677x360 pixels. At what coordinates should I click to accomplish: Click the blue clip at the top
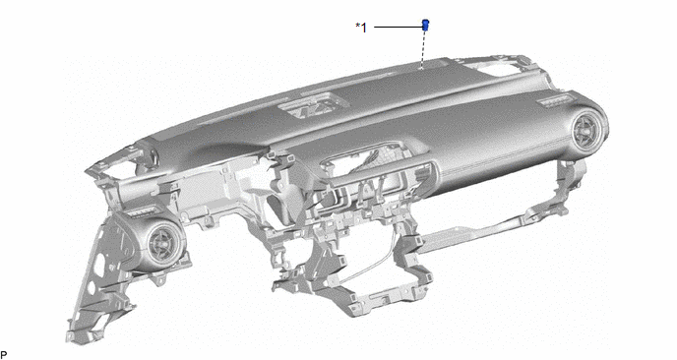(x=425, y=25)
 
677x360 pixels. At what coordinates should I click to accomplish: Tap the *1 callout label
(x=361, y=28)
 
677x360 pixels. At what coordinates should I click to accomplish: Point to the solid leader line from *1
(x=399, y=28)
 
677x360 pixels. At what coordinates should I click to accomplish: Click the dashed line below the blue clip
(x=423, y=49)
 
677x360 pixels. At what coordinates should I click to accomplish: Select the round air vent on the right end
(x=588, y=130)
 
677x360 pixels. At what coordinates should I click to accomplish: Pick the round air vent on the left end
(x=163, y=244)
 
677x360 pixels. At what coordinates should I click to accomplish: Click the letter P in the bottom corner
(x=4, y=355)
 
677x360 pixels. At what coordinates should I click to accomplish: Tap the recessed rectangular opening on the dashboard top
(x=313, y=106)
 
